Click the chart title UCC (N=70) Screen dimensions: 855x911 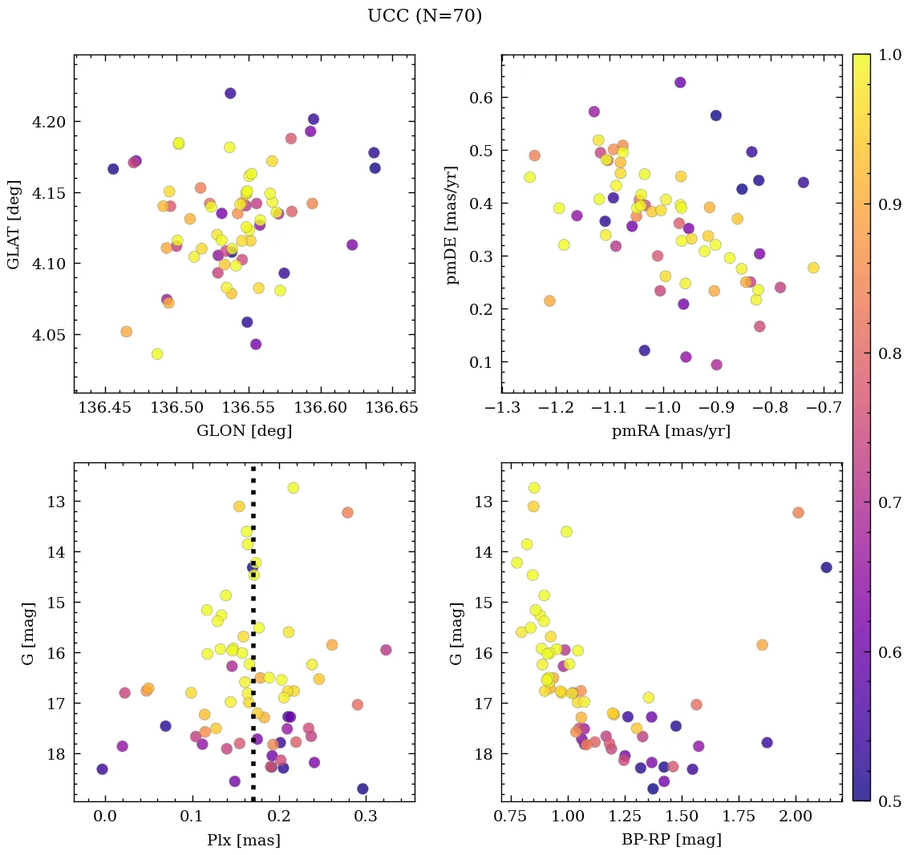coord(424,16)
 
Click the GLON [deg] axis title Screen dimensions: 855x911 coord(244,431)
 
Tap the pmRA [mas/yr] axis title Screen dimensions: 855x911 coord(671,431)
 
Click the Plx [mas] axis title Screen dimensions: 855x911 coord(244,840)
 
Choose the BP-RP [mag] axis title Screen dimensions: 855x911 coord(671,840)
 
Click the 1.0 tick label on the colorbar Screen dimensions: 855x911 coord(889,55)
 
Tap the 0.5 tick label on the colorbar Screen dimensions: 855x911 coord(889,801)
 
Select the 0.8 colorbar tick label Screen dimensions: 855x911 coord(889,353)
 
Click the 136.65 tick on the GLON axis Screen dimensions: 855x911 coord(392,408)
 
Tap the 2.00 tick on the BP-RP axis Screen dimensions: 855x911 coord(796,817)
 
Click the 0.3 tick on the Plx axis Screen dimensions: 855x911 coord(366,817)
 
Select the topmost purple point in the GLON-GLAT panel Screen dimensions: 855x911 coord(230,93)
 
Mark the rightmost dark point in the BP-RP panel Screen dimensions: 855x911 coord(826,567)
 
